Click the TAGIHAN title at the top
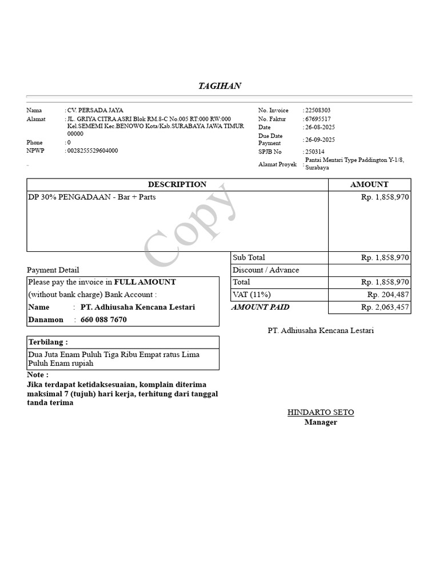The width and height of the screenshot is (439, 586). pyautogui.click(x=219, y=86)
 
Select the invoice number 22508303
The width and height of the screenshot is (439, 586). pyautogui.click(x=318, y=110)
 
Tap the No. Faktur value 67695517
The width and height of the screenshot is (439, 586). pyautogui.click(x=318, y=119)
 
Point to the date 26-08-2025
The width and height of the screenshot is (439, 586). pyautogui.click(x=320, y=127)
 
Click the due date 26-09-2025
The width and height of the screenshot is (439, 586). pyautogui.click(x=320, y=140)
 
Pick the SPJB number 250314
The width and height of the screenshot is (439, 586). pyautogui.click(x=314, y=152)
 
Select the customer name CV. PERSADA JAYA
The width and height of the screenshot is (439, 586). pyautogui.click(x=95, y=110)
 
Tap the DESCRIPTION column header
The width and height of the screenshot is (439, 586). pyautogui.click(x=177, y=185)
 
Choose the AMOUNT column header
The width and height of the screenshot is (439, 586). pyautogui.click(x=369, y=185)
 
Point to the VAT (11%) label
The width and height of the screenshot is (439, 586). pyautogui.click(x=252, y=295)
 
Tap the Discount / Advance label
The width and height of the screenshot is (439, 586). pyautogui.click(x=266, y=270)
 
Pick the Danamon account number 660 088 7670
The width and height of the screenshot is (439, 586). pyautogui.click(x=103, y=320)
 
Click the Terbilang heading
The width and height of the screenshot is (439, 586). pyautogui.click(x=48, y=342)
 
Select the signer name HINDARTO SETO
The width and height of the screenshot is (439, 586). pyautogui.click(x=321, y=413)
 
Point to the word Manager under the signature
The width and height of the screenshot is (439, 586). pyautogui.click(x=321, y=422)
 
